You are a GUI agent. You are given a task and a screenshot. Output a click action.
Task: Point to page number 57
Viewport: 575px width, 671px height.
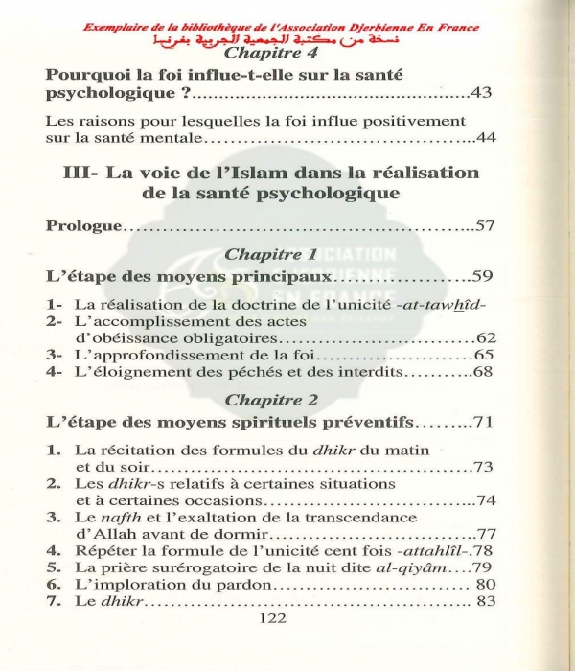click(x=484, y=226)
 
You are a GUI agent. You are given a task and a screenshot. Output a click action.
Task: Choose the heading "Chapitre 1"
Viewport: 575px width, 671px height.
click(x=269, y=255)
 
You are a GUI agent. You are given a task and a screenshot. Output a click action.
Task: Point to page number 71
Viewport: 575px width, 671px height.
click(x=483, y=423)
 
